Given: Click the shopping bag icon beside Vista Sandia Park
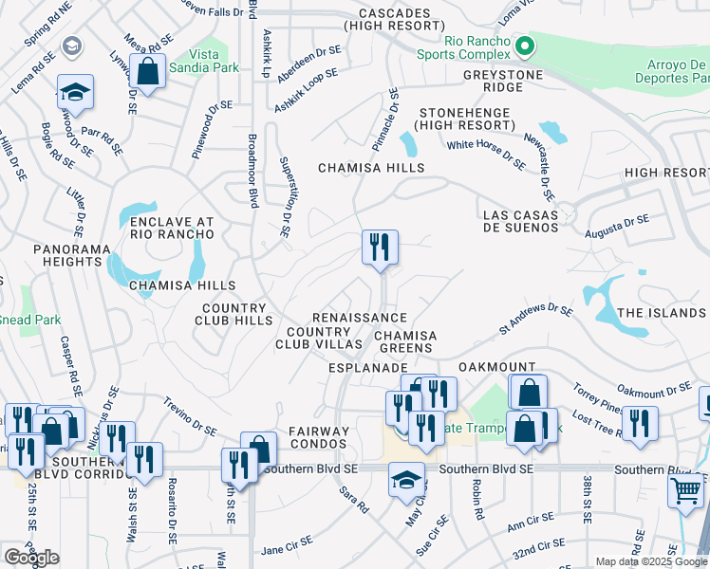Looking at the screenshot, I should coord(148,70).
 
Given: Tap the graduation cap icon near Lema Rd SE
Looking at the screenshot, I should coord(75,93).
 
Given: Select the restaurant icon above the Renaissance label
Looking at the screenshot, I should coord(380,248).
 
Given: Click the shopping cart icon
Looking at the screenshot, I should coord(685,490).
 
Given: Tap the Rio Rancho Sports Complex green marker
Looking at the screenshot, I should coord(522,44).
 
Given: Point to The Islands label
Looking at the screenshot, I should coord(661,313).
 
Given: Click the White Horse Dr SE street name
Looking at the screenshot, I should coord(486,153).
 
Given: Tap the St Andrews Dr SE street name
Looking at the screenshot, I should coord(536,319).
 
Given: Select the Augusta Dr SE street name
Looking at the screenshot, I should coord(616,226).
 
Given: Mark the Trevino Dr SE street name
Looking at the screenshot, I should coord(190,415).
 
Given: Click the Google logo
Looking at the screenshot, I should coord(31,558).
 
